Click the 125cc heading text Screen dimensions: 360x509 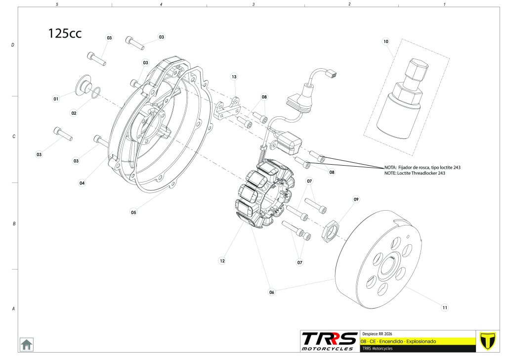click(65, 33)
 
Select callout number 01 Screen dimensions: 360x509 click(56, 99)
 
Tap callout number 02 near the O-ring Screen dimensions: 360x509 click(74, 113)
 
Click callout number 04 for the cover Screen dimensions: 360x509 click(82, 183)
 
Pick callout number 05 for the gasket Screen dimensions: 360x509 click(133, 212)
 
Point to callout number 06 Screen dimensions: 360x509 click(271, 292)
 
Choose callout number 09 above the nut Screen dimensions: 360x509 click(355, 199)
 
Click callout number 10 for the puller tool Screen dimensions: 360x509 click(385, 42)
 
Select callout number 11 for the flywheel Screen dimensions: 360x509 click(445, 308)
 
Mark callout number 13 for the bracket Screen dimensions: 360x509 click(234, 77)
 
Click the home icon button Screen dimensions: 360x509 click(26, 344)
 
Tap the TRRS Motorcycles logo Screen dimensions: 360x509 click(330, 341)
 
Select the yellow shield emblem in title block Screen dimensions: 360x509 click(488, 341)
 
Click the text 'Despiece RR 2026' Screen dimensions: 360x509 click(378, 334)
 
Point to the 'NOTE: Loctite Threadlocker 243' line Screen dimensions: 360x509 click(415, 173)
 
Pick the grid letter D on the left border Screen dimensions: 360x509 click(13, 45)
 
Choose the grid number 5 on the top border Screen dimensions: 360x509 click(57, 4)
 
